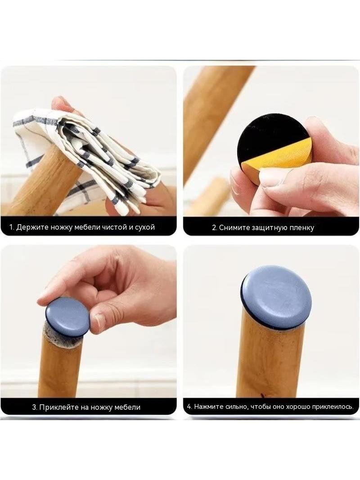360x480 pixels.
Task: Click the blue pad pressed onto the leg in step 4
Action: [276, 297]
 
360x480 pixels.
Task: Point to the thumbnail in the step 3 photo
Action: [100, 320]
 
